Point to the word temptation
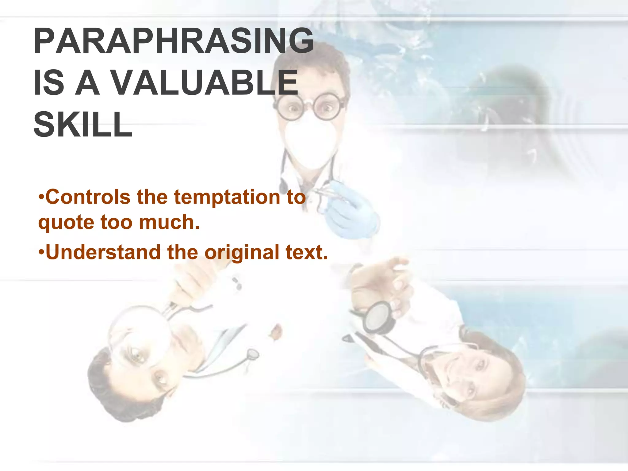[227, 197]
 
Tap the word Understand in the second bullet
[103, 252]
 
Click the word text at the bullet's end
[306, 252]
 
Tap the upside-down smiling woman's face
[466, 377]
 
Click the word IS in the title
[48, 83]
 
